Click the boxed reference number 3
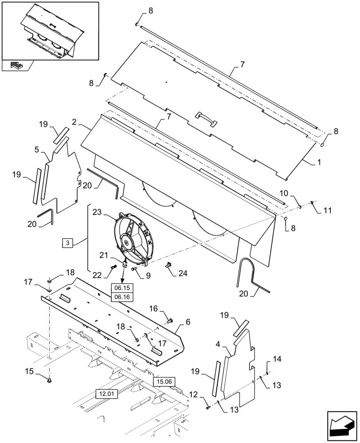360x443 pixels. pos(67,242)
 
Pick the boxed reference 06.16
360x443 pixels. pos(122,297)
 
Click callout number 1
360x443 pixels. pos(318,163)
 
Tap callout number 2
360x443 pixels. pos(74,121)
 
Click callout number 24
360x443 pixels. pos(182,274)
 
